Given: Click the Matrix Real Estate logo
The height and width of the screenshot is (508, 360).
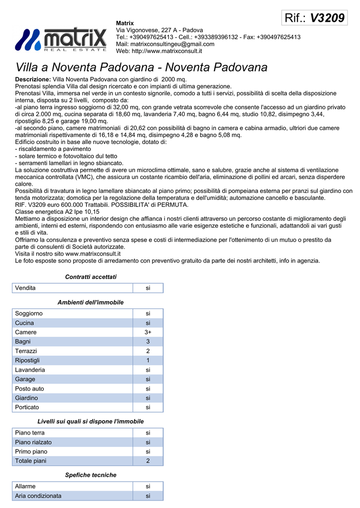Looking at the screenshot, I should tap(61, 40).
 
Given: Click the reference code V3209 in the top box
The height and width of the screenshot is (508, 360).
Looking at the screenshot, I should tap(327, 18).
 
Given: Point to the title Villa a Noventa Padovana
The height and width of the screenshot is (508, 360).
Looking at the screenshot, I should tap(142, 67).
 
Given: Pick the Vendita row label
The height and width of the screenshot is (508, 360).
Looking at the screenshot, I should tap(25, 288).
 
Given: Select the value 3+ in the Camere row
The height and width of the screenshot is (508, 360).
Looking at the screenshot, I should tap(147, 332).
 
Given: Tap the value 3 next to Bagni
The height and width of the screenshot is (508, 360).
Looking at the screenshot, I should tap(147, 341).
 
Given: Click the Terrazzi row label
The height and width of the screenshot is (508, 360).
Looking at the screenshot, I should tap(26, 351).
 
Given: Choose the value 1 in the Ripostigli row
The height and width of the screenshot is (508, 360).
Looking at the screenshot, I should tap(147, 360).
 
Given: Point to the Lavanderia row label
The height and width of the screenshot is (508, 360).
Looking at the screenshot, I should tap(30, 370).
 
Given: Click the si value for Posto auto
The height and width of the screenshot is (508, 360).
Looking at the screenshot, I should tap(147, 388).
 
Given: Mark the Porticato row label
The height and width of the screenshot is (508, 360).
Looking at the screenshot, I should tap(27, 407).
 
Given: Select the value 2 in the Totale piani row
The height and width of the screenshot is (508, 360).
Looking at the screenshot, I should tap(147, 461).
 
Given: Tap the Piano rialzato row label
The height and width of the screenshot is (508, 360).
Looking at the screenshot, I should tap(33, 442).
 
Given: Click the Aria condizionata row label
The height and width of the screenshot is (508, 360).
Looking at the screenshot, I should tap(38, 496).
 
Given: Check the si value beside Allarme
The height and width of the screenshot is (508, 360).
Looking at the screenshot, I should tap(147, 486).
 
